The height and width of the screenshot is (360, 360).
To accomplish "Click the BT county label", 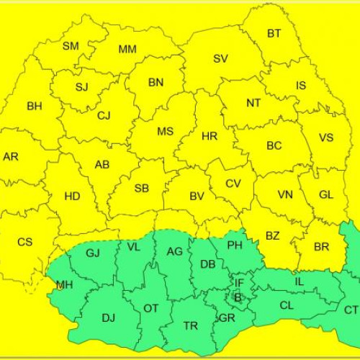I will [x=274, y=34].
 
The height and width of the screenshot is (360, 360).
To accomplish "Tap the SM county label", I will [x=71, y=46].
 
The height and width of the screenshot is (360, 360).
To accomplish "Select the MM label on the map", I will [x=127, y=49].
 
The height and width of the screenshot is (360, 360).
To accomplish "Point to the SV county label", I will [x=220, y=58].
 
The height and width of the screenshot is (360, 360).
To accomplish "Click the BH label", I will [x=34, y=106].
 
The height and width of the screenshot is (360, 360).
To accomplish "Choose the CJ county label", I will [x=104, y=115].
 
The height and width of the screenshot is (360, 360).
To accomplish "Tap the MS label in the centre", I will [x=166, y=131].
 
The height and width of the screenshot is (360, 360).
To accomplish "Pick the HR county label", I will [x=210, y=135].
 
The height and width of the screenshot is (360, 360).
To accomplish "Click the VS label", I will [x=326, y=138].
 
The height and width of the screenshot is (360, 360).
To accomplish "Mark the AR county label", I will [x=11, y=157].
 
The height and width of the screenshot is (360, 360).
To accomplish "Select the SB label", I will [x=142, y=189].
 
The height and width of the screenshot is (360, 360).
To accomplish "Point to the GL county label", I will [x=326, y=194].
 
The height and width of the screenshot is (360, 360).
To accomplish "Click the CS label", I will [x=24, y=242].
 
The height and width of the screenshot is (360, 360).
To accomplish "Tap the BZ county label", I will [x=273, y=235].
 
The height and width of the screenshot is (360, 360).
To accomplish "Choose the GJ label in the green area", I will [x=93, y=253].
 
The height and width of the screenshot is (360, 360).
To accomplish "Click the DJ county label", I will [x=109, y=317].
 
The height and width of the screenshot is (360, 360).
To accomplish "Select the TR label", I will [x=191, y=326].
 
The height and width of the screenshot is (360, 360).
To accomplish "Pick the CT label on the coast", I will [x=351, y=310].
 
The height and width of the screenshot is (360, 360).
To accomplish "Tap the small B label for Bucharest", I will [x=238, y=297].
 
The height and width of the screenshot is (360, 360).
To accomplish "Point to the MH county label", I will [x=64, y=285].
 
